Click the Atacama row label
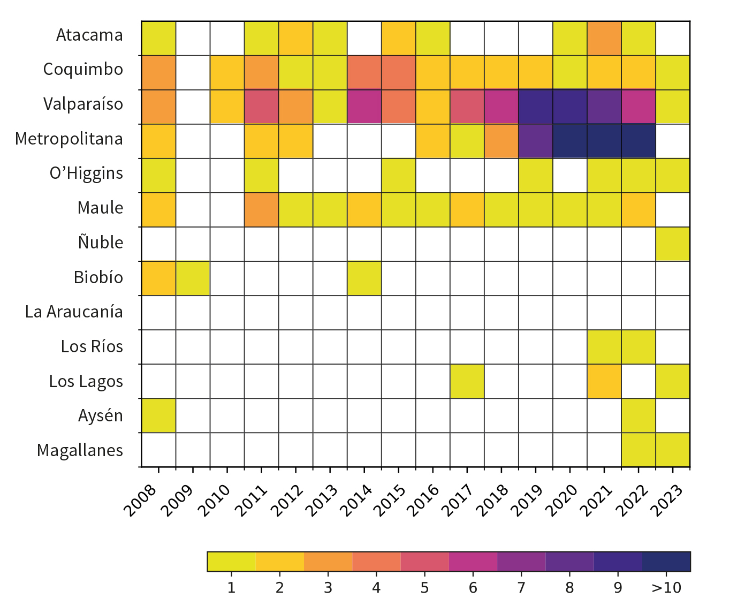(89, 35)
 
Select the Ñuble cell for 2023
(672, 244)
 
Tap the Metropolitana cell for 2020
(569, 141)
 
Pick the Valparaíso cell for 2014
(364, 107)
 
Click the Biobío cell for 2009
(193, 278)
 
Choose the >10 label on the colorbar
(666, 588)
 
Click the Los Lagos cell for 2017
(467, 381)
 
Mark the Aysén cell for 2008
(158, 415)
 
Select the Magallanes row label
(80, 451)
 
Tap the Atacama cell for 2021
(604, 39)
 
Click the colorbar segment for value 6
(473, 562)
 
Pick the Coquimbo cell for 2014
(364, 73)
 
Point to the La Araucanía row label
(74, 312)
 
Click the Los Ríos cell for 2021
(604, 347)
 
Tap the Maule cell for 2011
(261, 210)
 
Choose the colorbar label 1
(231, 588)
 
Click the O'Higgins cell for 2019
(535, 176)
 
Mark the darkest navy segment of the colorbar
(666, 562)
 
